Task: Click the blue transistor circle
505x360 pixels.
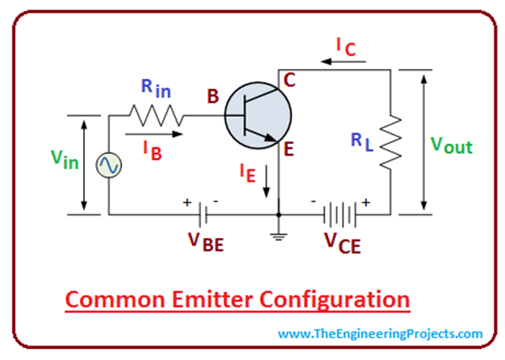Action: pyautogui.click(x=258, y=117)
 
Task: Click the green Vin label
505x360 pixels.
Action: pyautogui.click(x=66, y=160)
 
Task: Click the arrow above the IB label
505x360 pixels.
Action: pyautogui.click(x=151, y=133)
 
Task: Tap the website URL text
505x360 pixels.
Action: pyautogui.click(x=380, y=334)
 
